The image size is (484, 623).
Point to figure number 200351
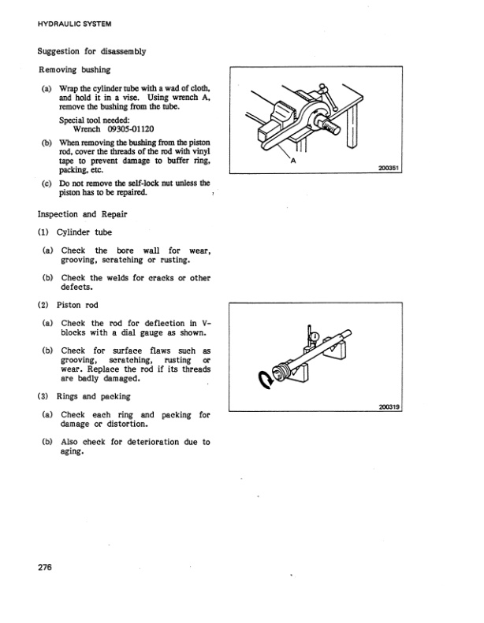pos(390,168)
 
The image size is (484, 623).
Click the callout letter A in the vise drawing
pos(293,160)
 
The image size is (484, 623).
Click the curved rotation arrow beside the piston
pos(263,382)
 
